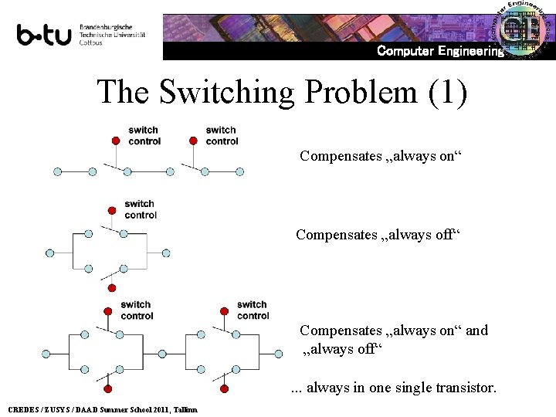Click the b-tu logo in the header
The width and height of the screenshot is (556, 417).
(x=44, y=36)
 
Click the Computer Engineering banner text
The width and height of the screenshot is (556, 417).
(x=440, y=51)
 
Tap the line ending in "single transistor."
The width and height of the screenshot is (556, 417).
(x=394, y=387)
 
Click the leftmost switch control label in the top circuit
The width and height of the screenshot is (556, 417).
(x=144, y=135)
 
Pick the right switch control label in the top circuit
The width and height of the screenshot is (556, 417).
(x=222, y=135)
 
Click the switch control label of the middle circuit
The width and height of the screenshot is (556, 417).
(x=140, y=209)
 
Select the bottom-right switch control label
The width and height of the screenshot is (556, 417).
(x=253, y=310)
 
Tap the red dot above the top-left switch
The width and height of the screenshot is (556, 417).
(x=115, y=141)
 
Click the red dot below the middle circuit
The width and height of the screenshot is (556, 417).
(x=111, y=288)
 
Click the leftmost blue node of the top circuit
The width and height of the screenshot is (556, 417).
(x=57, y=171)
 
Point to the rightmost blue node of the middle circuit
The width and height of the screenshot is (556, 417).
(x=165, y=253)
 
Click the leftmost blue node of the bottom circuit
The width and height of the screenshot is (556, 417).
(x=46, y=354)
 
